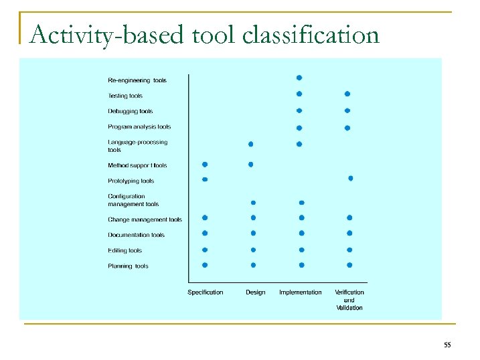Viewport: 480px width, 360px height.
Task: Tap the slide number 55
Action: tap(447, 345)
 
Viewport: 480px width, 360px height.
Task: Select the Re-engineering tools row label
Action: tap(137, 80)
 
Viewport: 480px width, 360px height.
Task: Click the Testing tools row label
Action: tap(125, 96)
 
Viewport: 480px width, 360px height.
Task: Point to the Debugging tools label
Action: tap(130, 111)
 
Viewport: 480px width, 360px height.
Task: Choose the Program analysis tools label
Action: tap(139, 126)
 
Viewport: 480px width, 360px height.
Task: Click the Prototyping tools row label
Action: tap(131, 181)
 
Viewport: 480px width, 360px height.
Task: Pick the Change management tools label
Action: tap(145, 219)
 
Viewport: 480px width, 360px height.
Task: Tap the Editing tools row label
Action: tap(125, 250)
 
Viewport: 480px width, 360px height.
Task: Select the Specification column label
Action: tap(205, 292)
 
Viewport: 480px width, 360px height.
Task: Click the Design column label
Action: tap(255, 292)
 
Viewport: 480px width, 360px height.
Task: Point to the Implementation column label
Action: tap(300, 292)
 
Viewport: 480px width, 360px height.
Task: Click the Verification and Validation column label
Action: tap(349, 300)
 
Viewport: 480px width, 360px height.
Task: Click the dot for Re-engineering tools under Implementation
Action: tap(299, 78)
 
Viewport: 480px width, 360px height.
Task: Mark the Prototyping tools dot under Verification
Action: tap(350, 178)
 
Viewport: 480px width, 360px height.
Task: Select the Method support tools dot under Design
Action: tap(251, 164)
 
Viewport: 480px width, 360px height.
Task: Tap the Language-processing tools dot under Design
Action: tap(251, 144)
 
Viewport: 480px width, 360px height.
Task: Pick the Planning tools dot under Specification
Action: tap(205, 265)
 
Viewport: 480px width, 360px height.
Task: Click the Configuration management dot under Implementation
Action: tap(301, 202)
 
